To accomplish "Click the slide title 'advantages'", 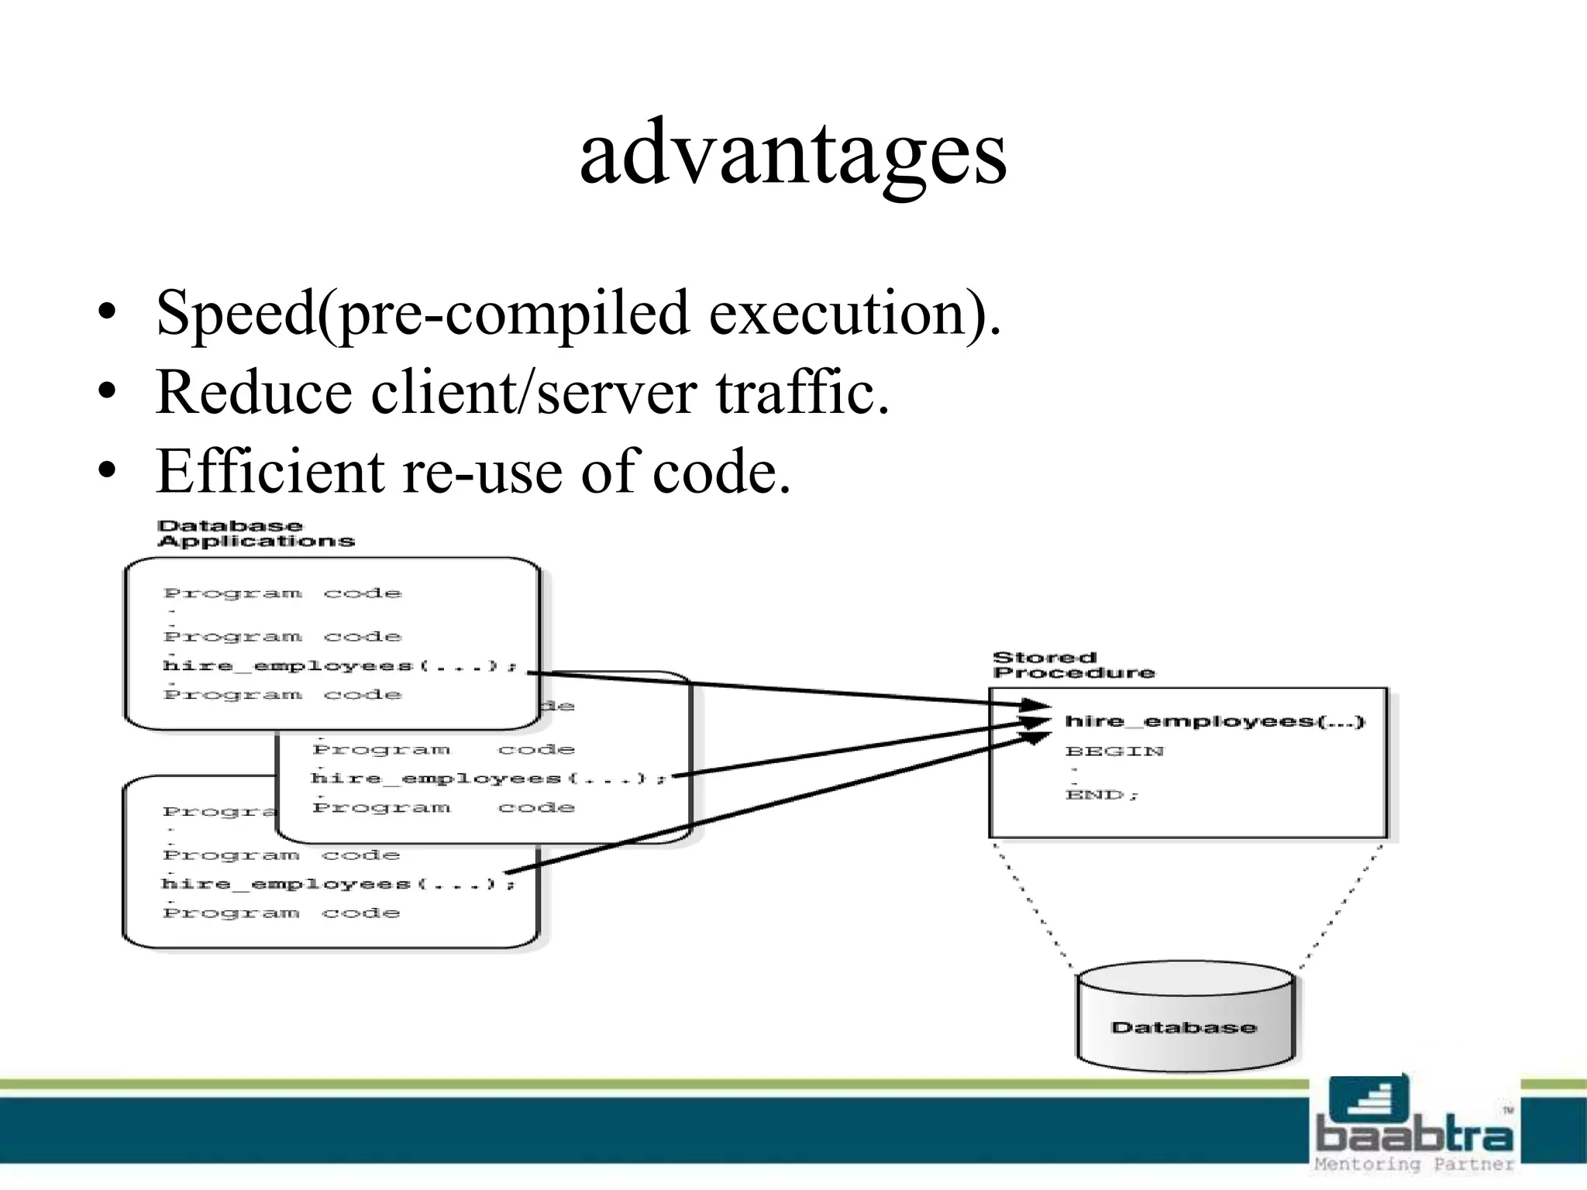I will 793,153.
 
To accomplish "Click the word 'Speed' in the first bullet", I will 236,312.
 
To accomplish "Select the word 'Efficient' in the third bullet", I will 270,471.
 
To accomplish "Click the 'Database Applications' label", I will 256,534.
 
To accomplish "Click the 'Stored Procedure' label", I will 1073,665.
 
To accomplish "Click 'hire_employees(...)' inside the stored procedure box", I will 1214,721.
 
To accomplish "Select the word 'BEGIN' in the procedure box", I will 1114,751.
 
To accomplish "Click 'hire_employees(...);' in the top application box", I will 339,666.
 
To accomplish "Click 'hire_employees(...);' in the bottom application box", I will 338,883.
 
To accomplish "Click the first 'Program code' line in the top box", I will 283,593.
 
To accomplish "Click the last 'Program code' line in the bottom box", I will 281,913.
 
